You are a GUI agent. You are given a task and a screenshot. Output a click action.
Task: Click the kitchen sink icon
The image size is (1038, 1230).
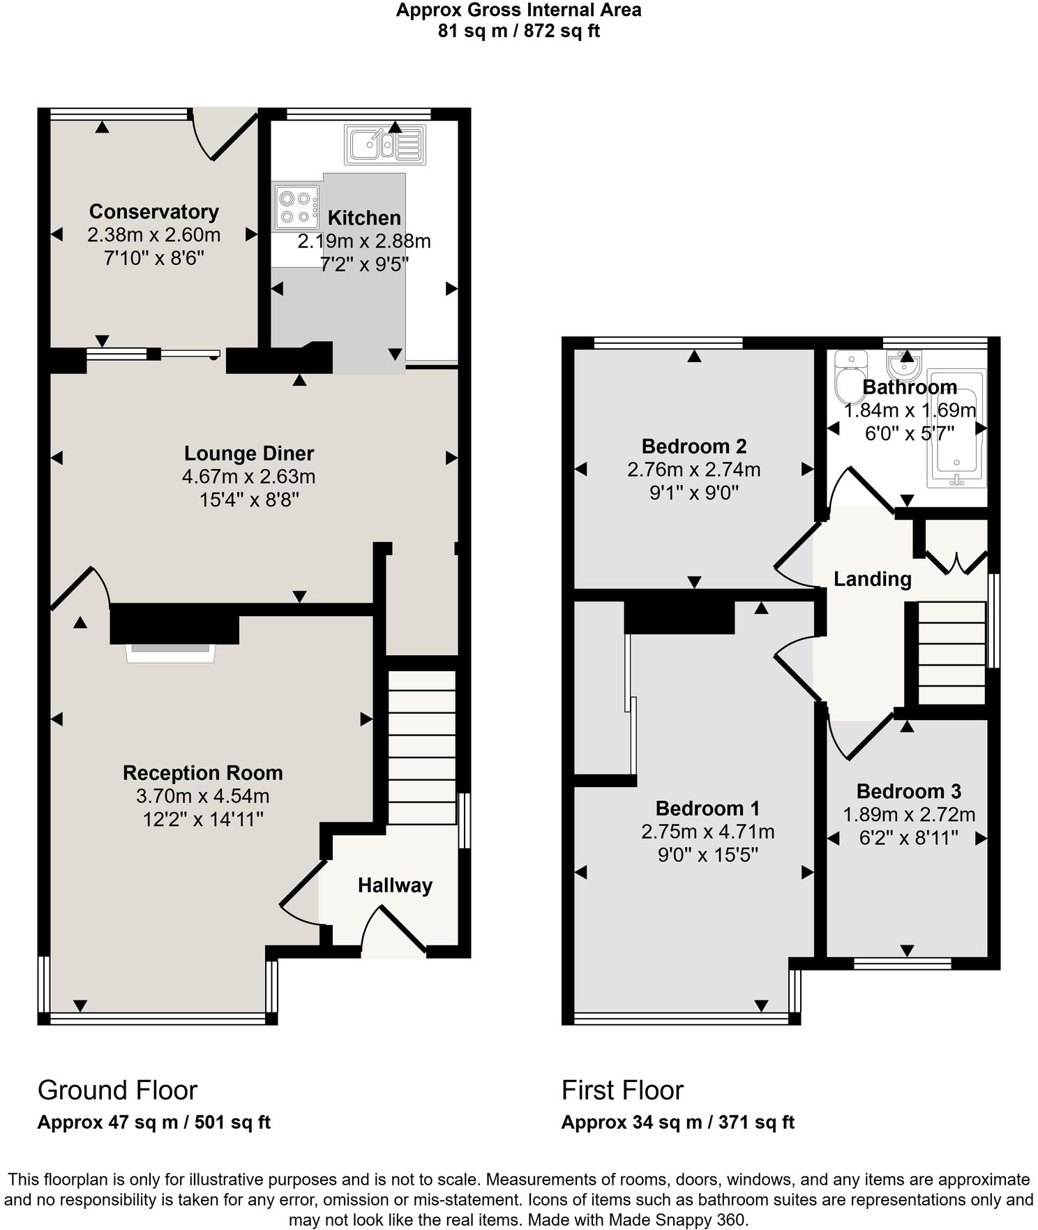385,144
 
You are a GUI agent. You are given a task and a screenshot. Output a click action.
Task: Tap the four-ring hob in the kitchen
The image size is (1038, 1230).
296,207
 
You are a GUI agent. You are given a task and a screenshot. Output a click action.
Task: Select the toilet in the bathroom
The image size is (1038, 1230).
850,377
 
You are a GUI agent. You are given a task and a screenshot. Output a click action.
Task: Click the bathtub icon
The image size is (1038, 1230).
956,427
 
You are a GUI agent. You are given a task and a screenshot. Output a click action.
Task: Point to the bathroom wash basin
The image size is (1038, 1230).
905,363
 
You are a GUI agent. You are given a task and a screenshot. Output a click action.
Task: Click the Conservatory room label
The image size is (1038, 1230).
153,211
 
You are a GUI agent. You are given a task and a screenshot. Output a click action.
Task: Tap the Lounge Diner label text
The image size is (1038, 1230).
249,453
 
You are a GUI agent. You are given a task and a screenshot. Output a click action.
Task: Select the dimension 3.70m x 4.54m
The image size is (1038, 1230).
202,796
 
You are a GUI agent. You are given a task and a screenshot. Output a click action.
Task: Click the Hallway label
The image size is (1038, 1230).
395,885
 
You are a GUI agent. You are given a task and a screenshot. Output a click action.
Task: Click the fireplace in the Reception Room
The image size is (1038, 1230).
171,652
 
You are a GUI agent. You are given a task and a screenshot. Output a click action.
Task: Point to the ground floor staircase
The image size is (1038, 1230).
421,747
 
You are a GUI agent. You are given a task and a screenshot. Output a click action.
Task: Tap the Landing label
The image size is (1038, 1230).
872,579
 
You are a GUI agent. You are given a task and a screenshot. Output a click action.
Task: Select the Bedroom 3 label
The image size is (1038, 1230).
908,791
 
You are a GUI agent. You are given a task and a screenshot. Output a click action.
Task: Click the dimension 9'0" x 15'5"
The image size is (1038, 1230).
707,855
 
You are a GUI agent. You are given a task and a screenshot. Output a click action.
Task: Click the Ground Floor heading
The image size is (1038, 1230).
117,1090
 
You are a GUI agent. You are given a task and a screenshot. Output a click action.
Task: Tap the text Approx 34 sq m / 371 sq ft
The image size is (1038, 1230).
677,1123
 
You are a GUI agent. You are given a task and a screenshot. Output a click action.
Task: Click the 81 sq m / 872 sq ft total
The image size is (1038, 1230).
518,31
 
